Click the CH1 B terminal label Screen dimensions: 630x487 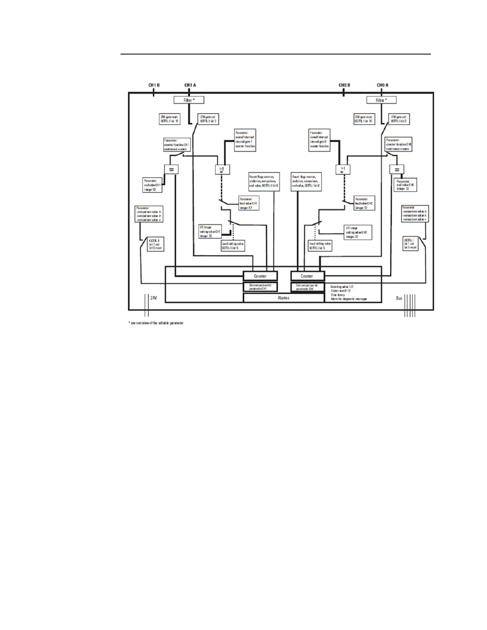[154, 85]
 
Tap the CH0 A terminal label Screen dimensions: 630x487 [382, 85]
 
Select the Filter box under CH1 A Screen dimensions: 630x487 [189, 100]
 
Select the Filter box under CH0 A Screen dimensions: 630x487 [382, 100]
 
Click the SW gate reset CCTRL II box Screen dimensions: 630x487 [169, 119]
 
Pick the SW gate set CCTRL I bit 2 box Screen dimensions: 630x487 [399, 119]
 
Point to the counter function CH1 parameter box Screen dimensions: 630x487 [177, 144]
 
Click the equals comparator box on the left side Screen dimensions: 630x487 [171, 169]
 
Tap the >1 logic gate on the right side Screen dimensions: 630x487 [343, 169]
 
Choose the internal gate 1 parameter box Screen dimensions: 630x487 [245, 140]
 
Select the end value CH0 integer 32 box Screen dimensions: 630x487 [405, 185]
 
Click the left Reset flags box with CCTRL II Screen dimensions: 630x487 [264, 182]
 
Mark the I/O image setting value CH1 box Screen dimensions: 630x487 [210, 232]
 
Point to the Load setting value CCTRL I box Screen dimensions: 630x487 [319, 245]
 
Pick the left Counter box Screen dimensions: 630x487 [260, 276]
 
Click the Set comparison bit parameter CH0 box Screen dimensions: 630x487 [307, 287]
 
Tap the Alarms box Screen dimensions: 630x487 [283, 298]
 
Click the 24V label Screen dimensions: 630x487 [154, 297]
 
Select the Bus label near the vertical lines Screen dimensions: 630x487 [399, 298]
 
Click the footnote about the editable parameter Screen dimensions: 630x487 [156, 323]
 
